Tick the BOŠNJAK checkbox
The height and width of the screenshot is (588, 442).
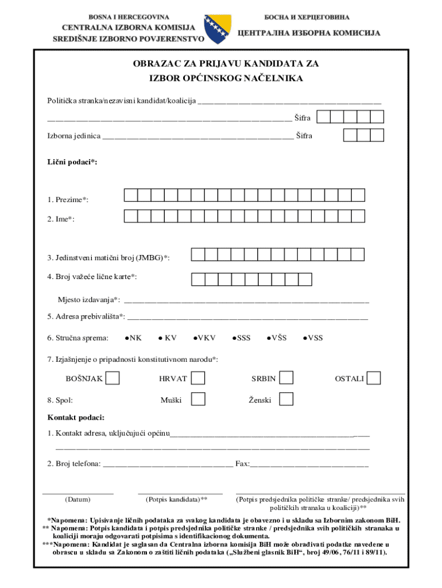pos(113,378)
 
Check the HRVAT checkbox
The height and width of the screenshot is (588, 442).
pos(198,378)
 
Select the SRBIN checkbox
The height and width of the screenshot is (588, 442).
pos(286,378)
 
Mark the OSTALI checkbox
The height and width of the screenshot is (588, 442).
pos(374,378)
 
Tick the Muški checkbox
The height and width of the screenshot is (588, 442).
pos(198,399)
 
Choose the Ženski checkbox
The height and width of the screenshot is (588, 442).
pos(286,399)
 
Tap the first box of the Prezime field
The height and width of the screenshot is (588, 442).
pos(131,195)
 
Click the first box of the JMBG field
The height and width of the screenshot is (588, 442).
pos(198,254)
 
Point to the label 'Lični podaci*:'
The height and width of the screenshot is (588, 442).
pos(72,163)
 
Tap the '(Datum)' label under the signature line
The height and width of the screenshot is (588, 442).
pos(77,499)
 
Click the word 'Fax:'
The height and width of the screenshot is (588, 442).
pos(242,463)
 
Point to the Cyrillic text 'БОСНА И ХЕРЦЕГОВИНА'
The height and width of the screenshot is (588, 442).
pos(307,18)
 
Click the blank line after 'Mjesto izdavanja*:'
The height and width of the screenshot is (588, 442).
pos(246,299)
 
